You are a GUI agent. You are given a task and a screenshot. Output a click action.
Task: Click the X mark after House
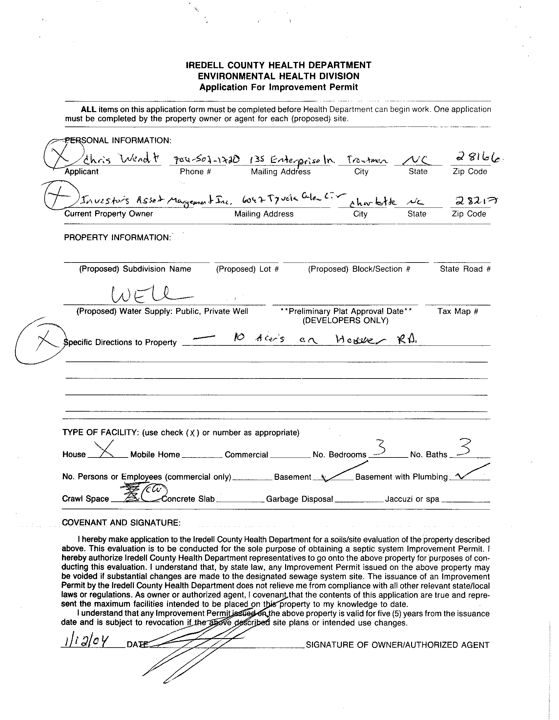[x=105, y=450]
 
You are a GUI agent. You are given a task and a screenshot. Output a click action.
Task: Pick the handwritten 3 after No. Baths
[x=463, y=447]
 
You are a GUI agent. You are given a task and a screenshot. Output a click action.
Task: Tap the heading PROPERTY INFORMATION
[x=117, y=238]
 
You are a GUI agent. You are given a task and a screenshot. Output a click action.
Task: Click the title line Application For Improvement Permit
[x=279, y=88]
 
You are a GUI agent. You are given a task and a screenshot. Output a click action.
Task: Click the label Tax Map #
[x=457, y=311]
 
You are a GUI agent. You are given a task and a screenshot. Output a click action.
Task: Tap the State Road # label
[x=465, y=269]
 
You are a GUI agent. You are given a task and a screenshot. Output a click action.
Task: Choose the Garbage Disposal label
[x=299, y=499]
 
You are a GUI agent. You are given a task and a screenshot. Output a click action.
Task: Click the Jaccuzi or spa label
[x=412, y=499]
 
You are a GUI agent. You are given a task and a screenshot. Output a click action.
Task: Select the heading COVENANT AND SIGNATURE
[x=121, y=522]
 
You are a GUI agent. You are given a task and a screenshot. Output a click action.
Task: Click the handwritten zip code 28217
[x=473, y=201]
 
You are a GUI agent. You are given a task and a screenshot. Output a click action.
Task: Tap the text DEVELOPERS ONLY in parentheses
[x=345, y=320]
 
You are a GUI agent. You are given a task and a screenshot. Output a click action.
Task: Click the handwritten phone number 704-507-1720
[x=199, y=161]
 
